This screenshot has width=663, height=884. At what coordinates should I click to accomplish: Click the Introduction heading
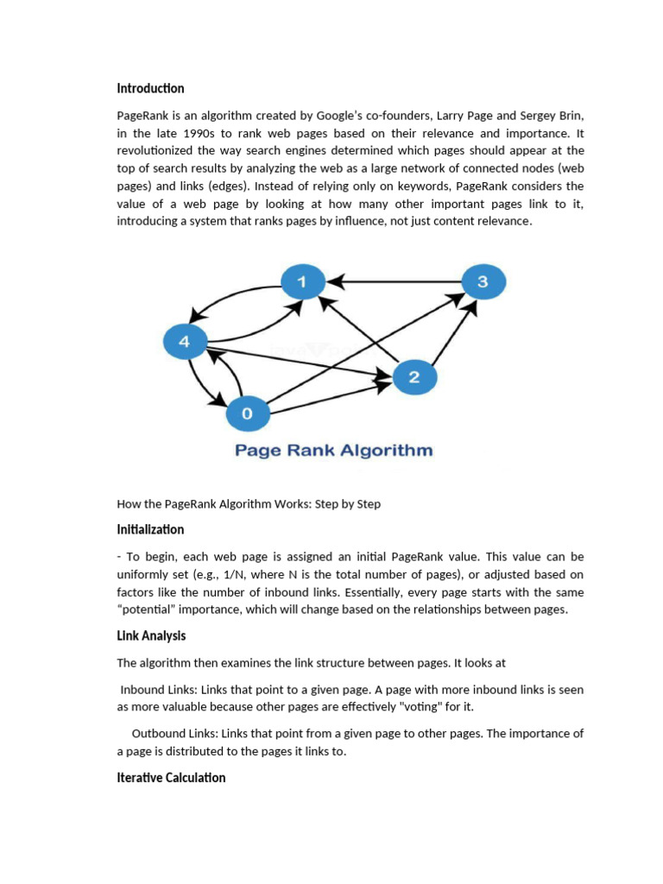coord(150,88)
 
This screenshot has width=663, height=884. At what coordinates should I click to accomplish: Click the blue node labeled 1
coord(302,281)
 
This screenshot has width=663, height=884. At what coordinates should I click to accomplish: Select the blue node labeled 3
coord(483,281)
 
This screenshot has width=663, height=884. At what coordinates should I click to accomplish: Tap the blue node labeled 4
coord(184,342)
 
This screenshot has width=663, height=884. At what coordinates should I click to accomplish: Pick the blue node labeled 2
coord(414,376)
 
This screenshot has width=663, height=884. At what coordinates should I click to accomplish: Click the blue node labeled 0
coord(248,414)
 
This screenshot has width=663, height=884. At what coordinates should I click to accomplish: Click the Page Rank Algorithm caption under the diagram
coord(333,451)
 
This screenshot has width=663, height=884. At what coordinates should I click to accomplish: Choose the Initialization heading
coord(150,529)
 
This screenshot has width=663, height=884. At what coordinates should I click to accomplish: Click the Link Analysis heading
coord(151,635)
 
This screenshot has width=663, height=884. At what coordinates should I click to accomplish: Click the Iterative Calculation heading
coord(171,777)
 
